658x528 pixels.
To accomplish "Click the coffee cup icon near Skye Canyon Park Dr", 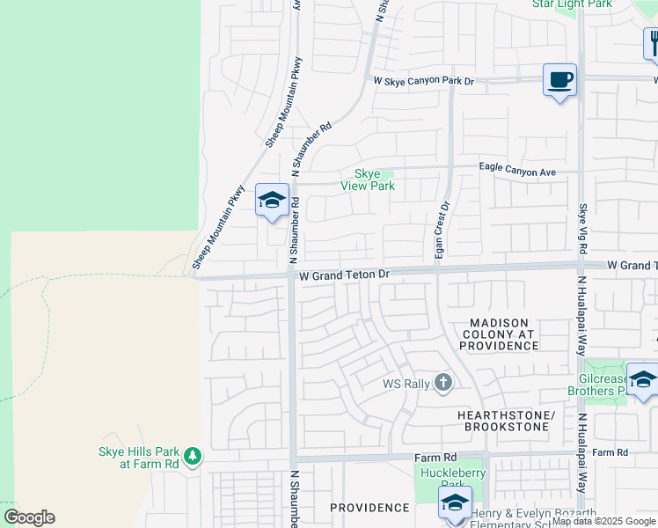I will click(x=559, y=80).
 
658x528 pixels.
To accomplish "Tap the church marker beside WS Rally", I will click(x=443, y=383).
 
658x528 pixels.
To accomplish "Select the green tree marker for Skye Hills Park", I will click(x=193, y=457).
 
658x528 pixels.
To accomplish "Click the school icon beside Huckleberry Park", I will click(x=455, y=503).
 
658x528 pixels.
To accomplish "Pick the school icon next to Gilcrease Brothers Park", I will click(x=642, y=379).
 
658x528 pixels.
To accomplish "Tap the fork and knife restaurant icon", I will click(x=653, y=43).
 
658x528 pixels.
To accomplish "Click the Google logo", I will click(x=29, y=517).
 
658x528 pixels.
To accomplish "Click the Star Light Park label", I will click(x=572, y=4).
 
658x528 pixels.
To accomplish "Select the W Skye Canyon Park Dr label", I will click(x=423, y=81).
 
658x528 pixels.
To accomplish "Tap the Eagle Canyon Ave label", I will click(x=517, y=172).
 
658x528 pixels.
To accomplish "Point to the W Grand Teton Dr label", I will click(x=343, y=275).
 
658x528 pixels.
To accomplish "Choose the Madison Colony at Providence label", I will click(x=498, y=334).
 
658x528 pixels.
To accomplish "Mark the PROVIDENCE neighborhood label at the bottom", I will click(x=369, y=508).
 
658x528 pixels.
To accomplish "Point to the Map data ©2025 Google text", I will click(x=603, y=521).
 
